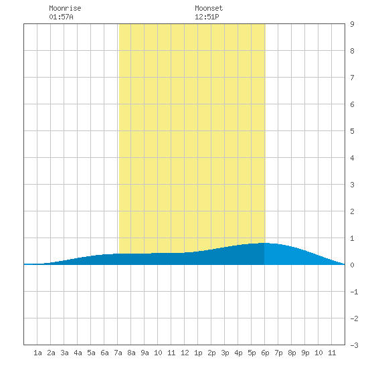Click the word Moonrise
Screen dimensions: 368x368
(65, 8)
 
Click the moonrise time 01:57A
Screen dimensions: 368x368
(61, 17)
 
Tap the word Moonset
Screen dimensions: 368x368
(209, 8)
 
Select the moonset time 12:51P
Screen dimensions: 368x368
(207, 17)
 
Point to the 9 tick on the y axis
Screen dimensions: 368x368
(352, 24)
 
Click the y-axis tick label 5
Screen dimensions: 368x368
(352, 131)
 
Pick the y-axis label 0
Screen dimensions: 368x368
(352, 265)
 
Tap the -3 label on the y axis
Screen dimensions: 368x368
(354, 345)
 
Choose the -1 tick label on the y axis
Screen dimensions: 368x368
(354, 292)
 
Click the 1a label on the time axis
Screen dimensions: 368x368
(37, 353)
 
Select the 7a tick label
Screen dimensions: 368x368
(118, 353)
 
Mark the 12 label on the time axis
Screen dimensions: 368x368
(185, 353)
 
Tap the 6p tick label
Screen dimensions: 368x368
(265, 353)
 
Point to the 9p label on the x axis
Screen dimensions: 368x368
(305, 353)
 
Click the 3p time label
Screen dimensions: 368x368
(225, 353)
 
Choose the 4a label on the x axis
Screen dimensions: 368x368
(78, 353)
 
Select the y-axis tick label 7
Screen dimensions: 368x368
(352, 78)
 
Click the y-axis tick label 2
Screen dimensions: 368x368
(352, 211)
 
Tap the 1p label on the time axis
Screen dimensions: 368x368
(198, 353)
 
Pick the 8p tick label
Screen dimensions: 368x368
(292, 353)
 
